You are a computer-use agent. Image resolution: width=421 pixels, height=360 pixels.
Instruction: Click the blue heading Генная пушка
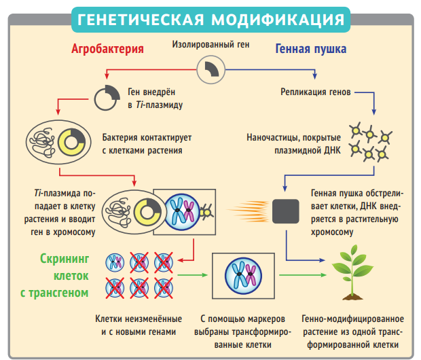point(311,49)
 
